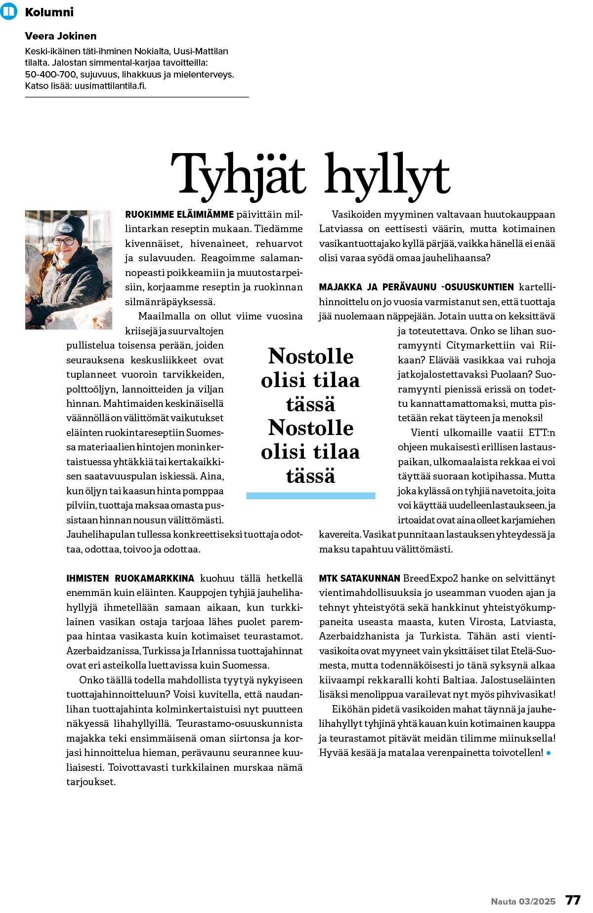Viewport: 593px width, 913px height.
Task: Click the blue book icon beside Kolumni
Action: click(9, 11)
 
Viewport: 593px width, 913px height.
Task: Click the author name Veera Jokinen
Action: click(61, 36)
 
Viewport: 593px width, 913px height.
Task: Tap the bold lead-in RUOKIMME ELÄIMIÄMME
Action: click(179, 215)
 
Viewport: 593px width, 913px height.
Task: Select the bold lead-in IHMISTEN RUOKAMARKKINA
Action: click(130, 578)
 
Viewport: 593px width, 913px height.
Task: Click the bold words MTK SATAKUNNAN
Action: click(359, 578)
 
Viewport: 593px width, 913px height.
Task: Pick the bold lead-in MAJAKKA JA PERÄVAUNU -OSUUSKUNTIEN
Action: click(416, 287)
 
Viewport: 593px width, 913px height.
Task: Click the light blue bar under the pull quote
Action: click(310, 496)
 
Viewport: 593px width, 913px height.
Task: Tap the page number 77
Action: click(573, 900)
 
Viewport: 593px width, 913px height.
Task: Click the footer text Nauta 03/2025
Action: click(523, 901)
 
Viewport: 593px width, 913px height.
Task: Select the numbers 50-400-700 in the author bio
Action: click(50, 75)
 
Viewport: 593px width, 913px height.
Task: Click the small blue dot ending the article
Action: click(549, 754)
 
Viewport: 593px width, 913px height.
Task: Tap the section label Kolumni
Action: click(49, 12)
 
